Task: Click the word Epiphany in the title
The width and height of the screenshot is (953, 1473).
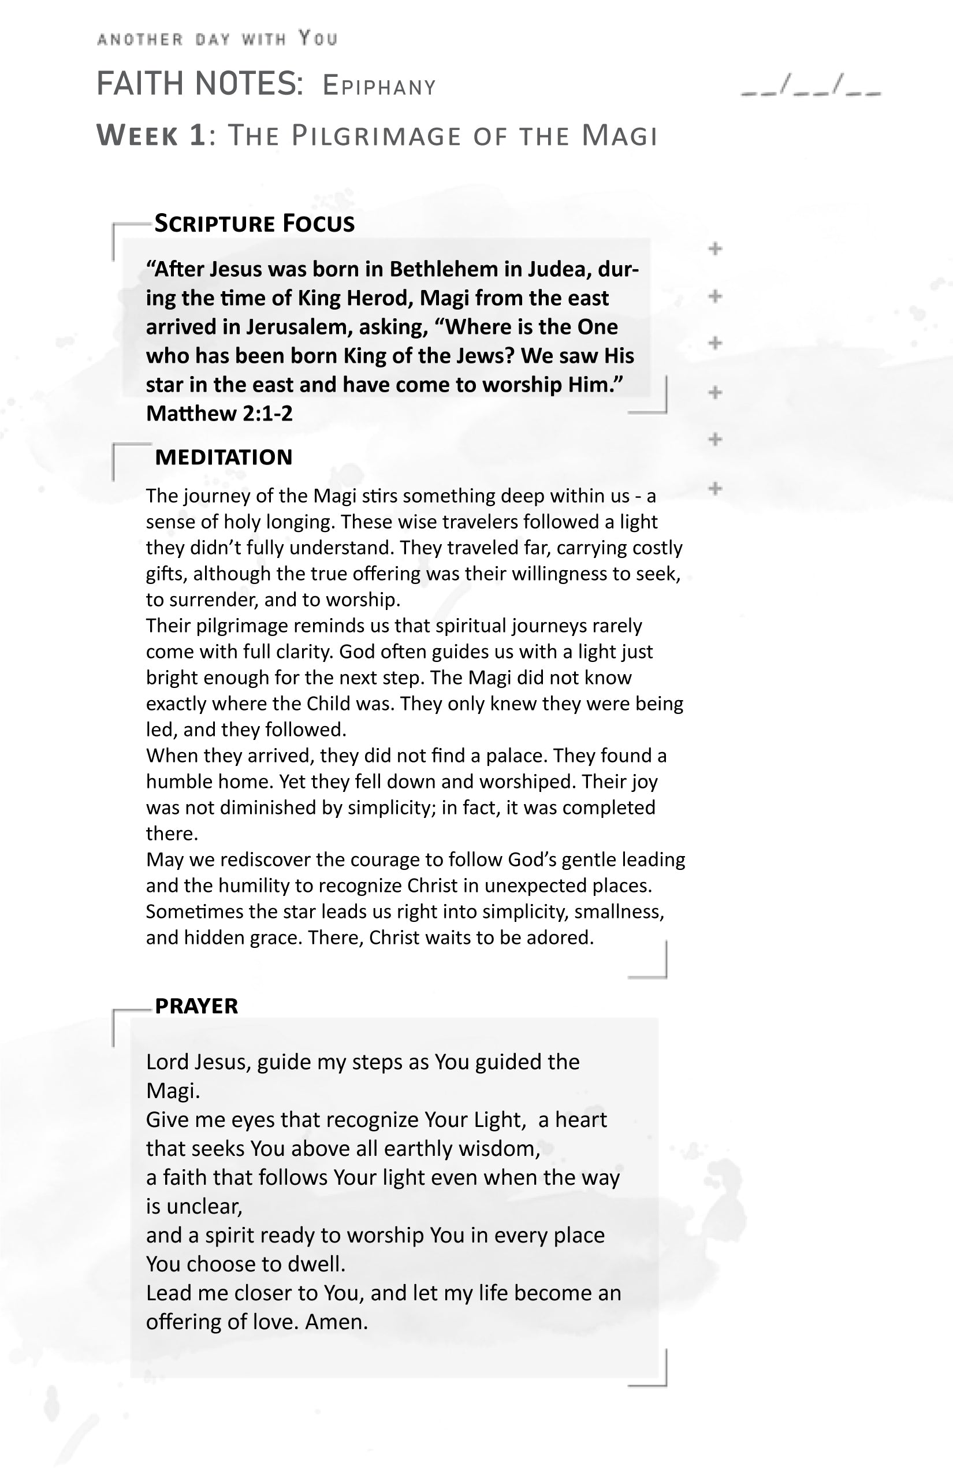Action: pyautogui.click(x=379, y=87)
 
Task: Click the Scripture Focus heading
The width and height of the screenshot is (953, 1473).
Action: pyautogui.click(x=254, y=224)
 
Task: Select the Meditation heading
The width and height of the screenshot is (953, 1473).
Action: pyautogui.click(x=224, y=457)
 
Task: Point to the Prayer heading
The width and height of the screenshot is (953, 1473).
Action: pyautogui.click(x=196, y=1006)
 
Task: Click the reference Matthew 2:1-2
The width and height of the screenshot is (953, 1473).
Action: pyautogui.click(x=219, y=414)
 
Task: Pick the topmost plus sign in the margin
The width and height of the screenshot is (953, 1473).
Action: pyautogui.click(x=716, y=249)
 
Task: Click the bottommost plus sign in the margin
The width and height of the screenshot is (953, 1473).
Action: pyautogui.click(x=716, y=488)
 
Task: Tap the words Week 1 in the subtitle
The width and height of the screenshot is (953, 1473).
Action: pyautogui.click(x=151, y=136)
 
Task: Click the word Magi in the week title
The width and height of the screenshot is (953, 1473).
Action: pyautogui.click(x=619, y=136)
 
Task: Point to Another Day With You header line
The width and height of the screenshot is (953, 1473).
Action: pyautogui.click(x=217, y=39)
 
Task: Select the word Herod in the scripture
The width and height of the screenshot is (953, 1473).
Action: pyautogui.click(x=379, y=298)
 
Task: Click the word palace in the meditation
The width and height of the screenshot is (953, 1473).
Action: pyautogui.click(x=515, y=756)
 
